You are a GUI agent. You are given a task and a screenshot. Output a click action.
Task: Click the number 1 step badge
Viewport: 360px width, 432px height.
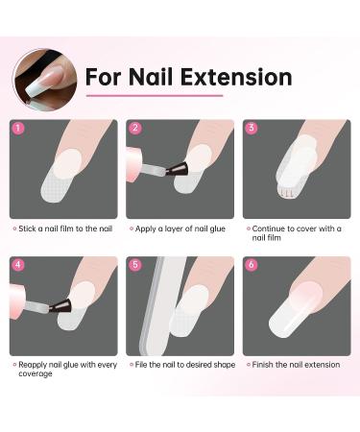(x=18, y=129)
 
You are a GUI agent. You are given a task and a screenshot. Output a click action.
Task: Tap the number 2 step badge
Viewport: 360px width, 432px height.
(x=135, y=128)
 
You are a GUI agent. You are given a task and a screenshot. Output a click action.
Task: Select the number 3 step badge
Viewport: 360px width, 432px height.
(x=252, y=128)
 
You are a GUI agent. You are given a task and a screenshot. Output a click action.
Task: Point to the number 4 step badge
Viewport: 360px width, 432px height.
(x=18, y=265)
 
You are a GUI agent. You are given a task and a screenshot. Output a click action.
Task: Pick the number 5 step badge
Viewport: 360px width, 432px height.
(x=135, y=265)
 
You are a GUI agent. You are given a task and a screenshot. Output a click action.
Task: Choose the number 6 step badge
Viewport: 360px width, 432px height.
(x=252, y=265)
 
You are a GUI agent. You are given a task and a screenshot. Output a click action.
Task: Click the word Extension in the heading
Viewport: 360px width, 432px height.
(x=236, y=77)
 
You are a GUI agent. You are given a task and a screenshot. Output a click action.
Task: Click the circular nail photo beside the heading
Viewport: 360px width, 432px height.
(x=45, y=80)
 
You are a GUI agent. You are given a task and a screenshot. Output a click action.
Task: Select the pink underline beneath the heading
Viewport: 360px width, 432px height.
(x=155, y=95)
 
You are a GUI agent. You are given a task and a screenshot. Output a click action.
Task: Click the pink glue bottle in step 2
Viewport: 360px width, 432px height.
(x=134, y=164)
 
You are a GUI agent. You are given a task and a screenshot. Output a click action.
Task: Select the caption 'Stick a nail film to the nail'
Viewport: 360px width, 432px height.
(x=65, y=228)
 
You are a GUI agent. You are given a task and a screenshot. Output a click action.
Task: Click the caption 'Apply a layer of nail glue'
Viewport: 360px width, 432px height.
(x=180, y=228)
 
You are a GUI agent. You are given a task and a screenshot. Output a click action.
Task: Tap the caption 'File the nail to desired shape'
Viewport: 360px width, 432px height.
(x=185, y=365)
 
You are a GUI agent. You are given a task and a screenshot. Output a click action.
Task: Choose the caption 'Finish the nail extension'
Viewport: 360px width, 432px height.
(x=296, y=365)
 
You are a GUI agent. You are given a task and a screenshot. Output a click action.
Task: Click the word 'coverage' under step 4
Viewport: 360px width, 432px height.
(x=36, y=374)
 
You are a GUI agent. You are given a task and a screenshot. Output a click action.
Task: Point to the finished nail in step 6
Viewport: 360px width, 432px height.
(x=295, y=310)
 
